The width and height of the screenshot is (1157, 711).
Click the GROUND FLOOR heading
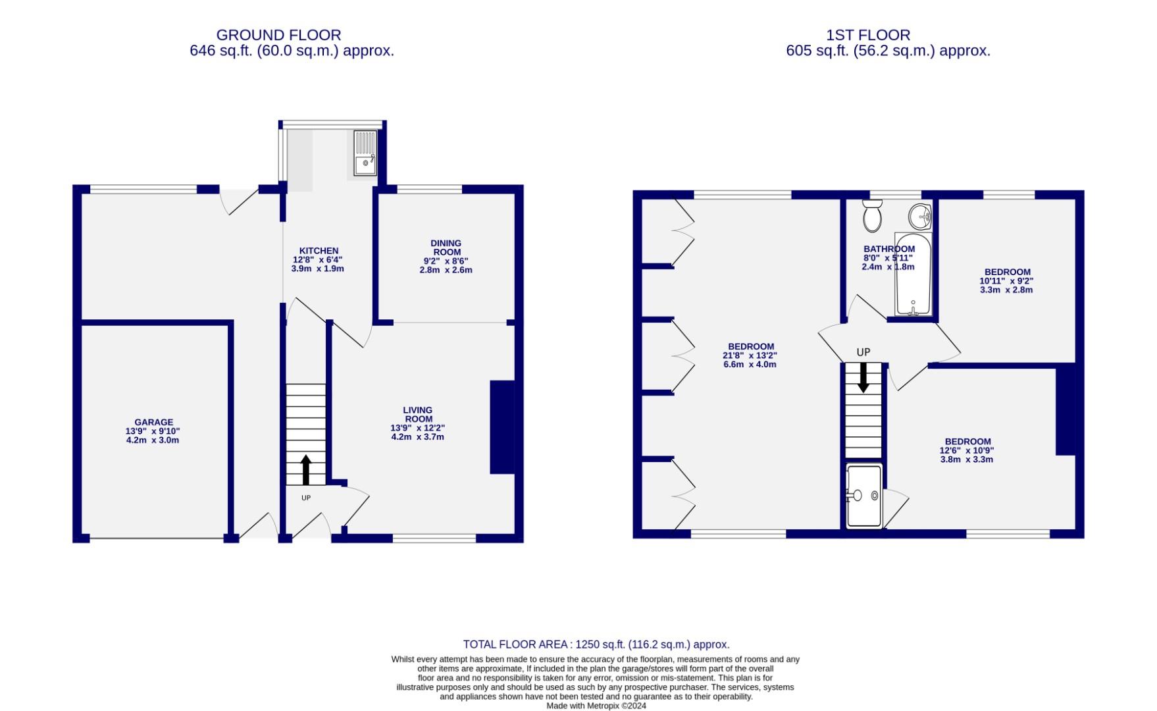tap(278, 35)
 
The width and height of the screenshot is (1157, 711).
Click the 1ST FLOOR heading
tap(868, 35)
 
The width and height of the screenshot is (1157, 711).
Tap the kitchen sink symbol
tap(365, 153)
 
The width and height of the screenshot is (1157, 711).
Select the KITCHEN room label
tap(319, 251)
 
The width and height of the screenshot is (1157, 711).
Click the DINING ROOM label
tap(446, 248)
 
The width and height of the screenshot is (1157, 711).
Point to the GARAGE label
tap(153, 423)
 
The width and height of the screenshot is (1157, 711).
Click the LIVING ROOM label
tap(418, 415)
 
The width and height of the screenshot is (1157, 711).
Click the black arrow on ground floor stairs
tap(305, 469)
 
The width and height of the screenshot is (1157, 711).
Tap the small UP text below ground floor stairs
tap(306, 498)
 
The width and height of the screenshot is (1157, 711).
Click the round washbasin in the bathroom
tap(920, 215)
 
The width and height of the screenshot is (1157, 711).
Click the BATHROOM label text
tap(889, 249)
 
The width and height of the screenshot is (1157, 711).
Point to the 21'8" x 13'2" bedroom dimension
tap(750, 355)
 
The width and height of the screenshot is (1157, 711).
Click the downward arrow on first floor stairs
tap(862, 379)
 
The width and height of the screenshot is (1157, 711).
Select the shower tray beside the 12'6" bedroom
tap(864, 496)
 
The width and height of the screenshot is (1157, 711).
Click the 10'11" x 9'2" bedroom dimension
tap(1006, 281)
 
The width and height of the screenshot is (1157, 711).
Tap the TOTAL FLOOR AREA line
tap(596, 645)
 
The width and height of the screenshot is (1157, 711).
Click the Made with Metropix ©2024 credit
tap(596, 706)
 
